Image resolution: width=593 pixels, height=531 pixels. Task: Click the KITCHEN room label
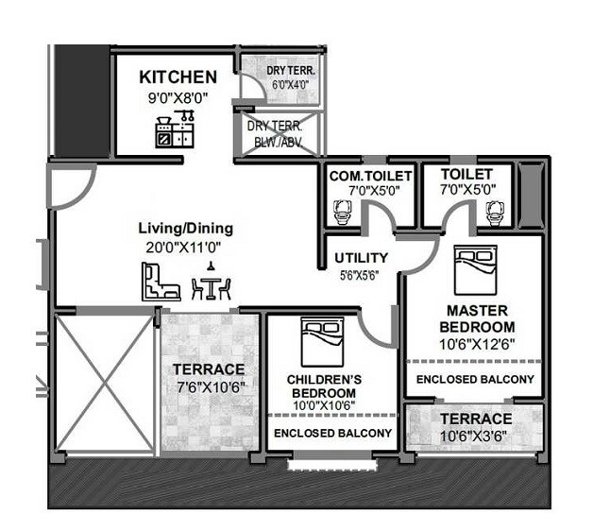178,77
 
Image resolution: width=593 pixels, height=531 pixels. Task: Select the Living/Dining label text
185,228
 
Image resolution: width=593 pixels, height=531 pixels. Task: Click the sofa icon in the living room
160,282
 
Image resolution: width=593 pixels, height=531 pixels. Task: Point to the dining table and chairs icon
212,284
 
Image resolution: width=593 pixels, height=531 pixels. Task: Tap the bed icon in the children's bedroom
321,341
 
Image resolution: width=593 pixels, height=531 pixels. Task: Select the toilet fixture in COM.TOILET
341,213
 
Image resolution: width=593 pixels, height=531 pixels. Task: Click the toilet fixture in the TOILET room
493,214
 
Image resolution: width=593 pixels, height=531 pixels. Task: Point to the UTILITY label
361,257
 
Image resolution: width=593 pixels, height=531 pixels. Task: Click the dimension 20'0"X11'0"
185,247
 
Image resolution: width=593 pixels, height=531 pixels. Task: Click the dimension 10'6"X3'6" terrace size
474,437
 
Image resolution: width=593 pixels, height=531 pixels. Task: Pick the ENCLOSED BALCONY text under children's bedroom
332,433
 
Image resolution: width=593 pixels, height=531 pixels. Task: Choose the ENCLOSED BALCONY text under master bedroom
475,379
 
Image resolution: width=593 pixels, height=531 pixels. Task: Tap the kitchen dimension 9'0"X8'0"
178,96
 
